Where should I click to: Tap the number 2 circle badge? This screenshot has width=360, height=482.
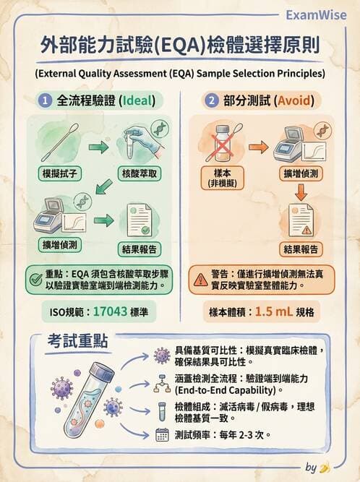(210, 101)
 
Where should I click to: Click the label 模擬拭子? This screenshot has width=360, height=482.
(63, 173)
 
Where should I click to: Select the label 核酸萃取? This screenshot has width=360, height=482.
(140, 173)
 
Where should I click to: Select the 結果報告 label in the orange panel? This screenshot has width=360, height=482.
(301, 249)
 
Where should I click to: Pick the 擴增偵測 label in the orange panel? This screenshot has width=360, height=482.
(301, 173)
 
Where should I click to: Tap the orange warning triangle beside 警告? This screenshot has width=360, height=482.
(200, 279)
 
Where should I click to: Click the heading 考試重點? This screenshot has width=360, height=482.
(79, 343)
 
